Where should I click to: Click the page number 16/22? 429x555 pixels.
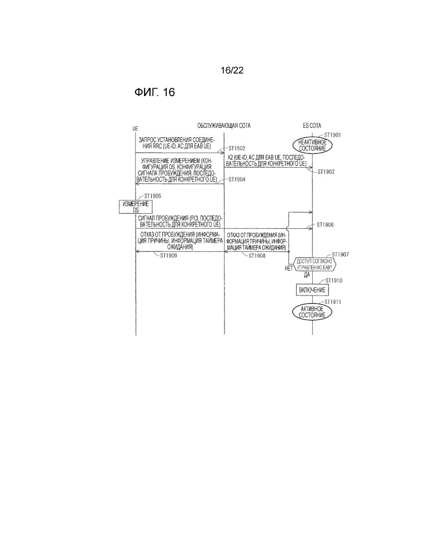coord(232,71)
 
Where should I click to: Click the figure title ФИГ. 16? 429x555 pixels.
coord(154,92)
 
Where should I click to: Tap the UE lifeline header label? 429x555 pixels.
coord(136,128)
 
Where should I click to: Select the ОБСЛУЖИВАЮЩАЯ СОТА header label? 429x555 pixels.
coord(224,126)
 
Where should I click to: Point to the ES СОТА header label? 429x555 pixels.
coord(312,126)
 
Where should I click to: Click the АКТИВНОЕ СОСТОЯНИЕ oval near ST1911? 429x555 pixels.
coord(312,311)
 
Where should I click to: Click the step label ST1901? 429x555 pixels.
coord(332,135)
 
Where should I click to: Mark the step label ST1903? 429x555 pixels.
coord(327,172)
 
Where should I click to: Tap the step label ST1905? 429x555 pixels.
coord(153,196)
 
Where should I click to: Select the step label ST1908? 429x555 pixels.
coord(257,256)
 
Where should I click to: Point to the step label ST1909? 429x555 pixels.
coord(169,256)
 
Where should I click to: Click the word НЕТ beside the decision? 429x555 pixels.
coord(288,268)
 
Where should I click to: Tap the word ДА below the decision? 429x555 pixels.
coord(307,274)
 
